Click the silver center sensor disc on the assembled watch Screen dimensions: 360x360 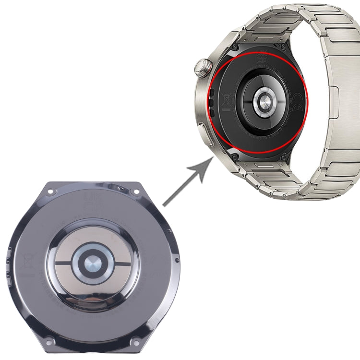[x=263, y=101]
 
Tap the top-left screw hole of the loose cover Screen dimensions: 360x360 [x=51, y=192]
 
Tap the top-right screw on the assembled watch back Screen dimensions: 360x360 [x=289, y=48]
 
